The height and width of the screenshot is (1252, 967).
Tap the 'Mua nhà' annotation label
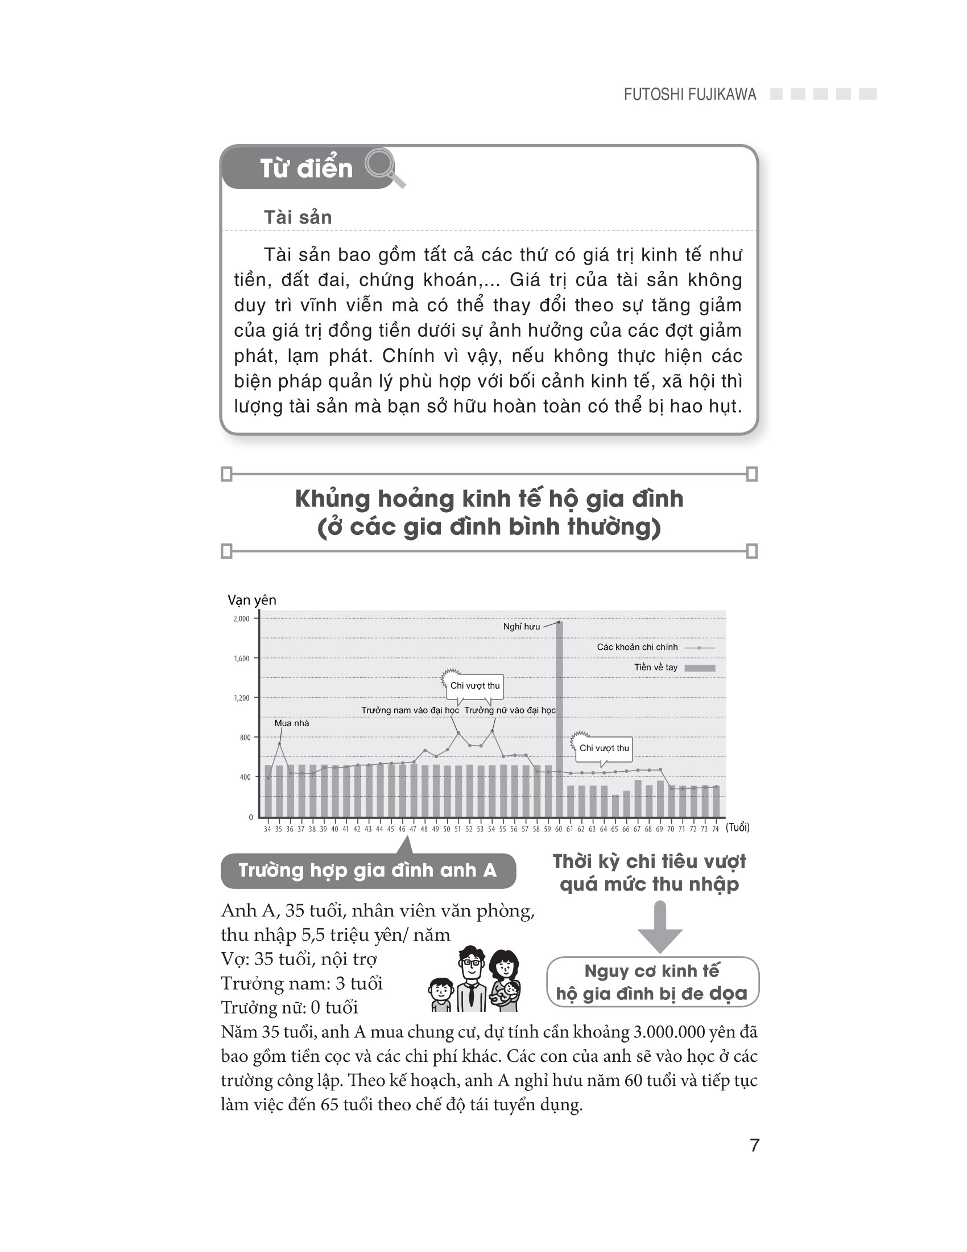(x=292, y=723)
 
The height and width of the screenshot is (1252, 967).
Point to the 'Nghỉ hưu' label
(x=521, y=627)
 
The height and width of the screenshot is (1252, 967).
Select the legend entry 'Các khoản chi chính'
(x=637, y=647)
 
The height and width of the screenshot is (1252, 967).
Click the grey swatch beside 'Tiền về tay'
(x=700, y=668)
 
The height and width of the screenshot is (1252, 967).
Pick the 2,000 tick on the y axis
(x=241, y=619)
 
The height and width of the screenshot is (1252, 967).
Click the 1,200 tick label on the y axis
(x=241, y=698)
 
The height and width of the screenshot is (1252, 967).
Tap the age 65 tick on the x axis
(x=615, y=829)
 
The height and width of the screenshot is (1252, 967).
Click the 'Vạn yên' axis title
(x=251, y=600)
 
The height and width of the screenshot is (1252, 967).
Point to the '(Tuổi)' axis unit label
(x=737, y=827)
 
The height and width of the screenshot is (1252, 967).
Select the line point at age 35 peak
(x=279, y=744)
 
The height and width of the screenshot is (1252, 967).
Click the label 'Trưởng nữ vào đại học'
(x=510, y=710)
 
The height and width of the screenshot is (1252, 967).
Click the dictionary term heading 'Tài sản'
(x=297, y=217)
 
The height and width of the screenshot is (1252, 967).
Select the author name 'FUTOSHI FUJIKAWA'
(x=690, y=94)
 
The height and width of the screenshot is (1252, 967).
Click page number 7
(x=754, y=1146)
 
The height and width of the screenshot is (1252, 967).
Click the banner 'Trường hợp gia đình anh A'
(x=368, y=870)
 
